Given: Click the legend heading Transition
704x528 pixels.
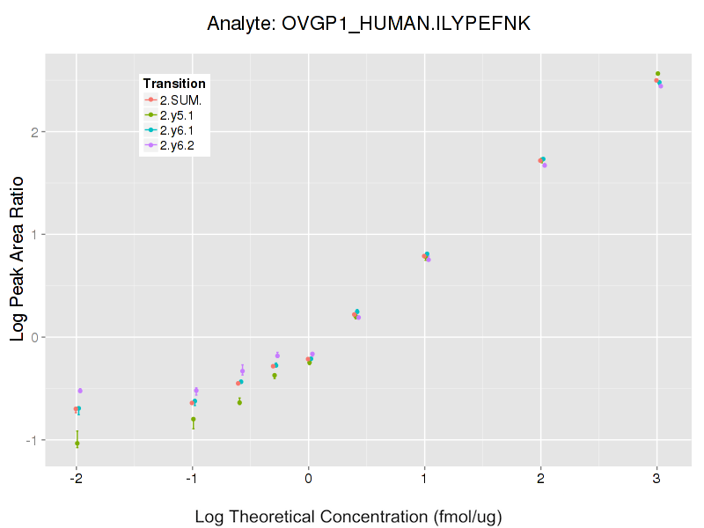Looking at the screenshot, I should (174, 84).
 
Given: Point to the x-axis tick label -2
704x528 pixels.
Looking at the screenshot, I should (76, 479).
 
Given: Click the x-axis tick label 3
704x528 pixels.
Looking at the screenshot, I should (656, 479).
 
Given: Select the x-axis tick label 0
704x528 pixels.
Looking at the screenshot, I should (308, 479).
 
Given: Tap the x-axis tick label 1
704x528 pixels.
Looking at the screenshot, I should (424, 479).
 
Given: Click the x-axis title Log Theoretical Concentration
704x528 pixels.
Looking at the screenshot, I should (348, 516).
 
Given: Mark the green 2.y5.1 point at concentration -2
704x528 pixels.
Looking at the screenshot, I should (77, 443).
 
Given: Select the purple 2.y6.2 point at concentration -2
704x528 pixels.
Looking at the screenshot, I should (80, 391).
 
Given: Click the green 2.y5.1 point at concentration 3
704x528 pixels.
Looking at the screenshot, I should (657, 74).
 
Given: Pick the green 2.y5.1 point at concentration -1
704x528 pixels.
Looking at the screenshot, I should (194, 420).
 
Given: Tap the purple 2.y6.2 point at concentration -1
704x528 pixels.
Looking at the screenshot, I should (196, 390).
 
